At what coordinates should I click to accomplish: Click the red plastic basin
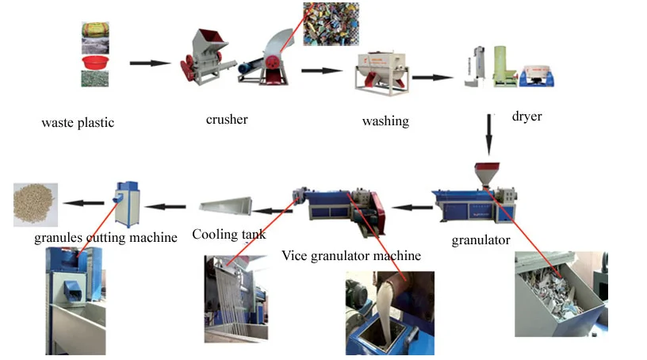coord(95,63)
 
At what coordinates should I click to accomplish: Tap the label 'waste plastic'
coord(78,123)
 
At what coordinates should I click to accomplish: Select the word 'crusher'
coord(227,119)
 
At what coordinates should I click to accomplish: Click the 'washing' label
coord(386,121)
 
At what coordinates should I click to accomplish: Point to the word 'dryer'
coord(527,117)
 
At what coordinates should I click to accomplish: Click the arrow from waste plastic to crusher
coord(150,63)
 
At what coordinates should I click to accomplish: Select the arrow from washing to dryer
coord(432,77)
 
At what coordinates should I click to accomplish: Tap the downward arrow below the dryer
coord(489,135)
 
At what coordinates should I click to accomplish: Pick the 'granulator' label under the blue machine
coord(480,240)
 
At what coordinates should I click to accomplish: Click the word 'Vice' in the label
coord(294,255)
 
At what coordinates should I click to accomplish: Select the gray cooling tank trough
coord(226,205)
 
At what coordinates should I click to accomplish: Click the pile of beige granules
coord(35,204)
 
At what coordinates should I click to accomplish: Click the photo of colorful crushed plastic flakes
coord(331,24)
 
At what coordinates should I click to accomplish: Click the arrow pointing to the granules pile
coord(84,203)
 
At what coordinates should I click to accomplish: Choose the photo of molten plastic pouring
coord(390,313)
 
